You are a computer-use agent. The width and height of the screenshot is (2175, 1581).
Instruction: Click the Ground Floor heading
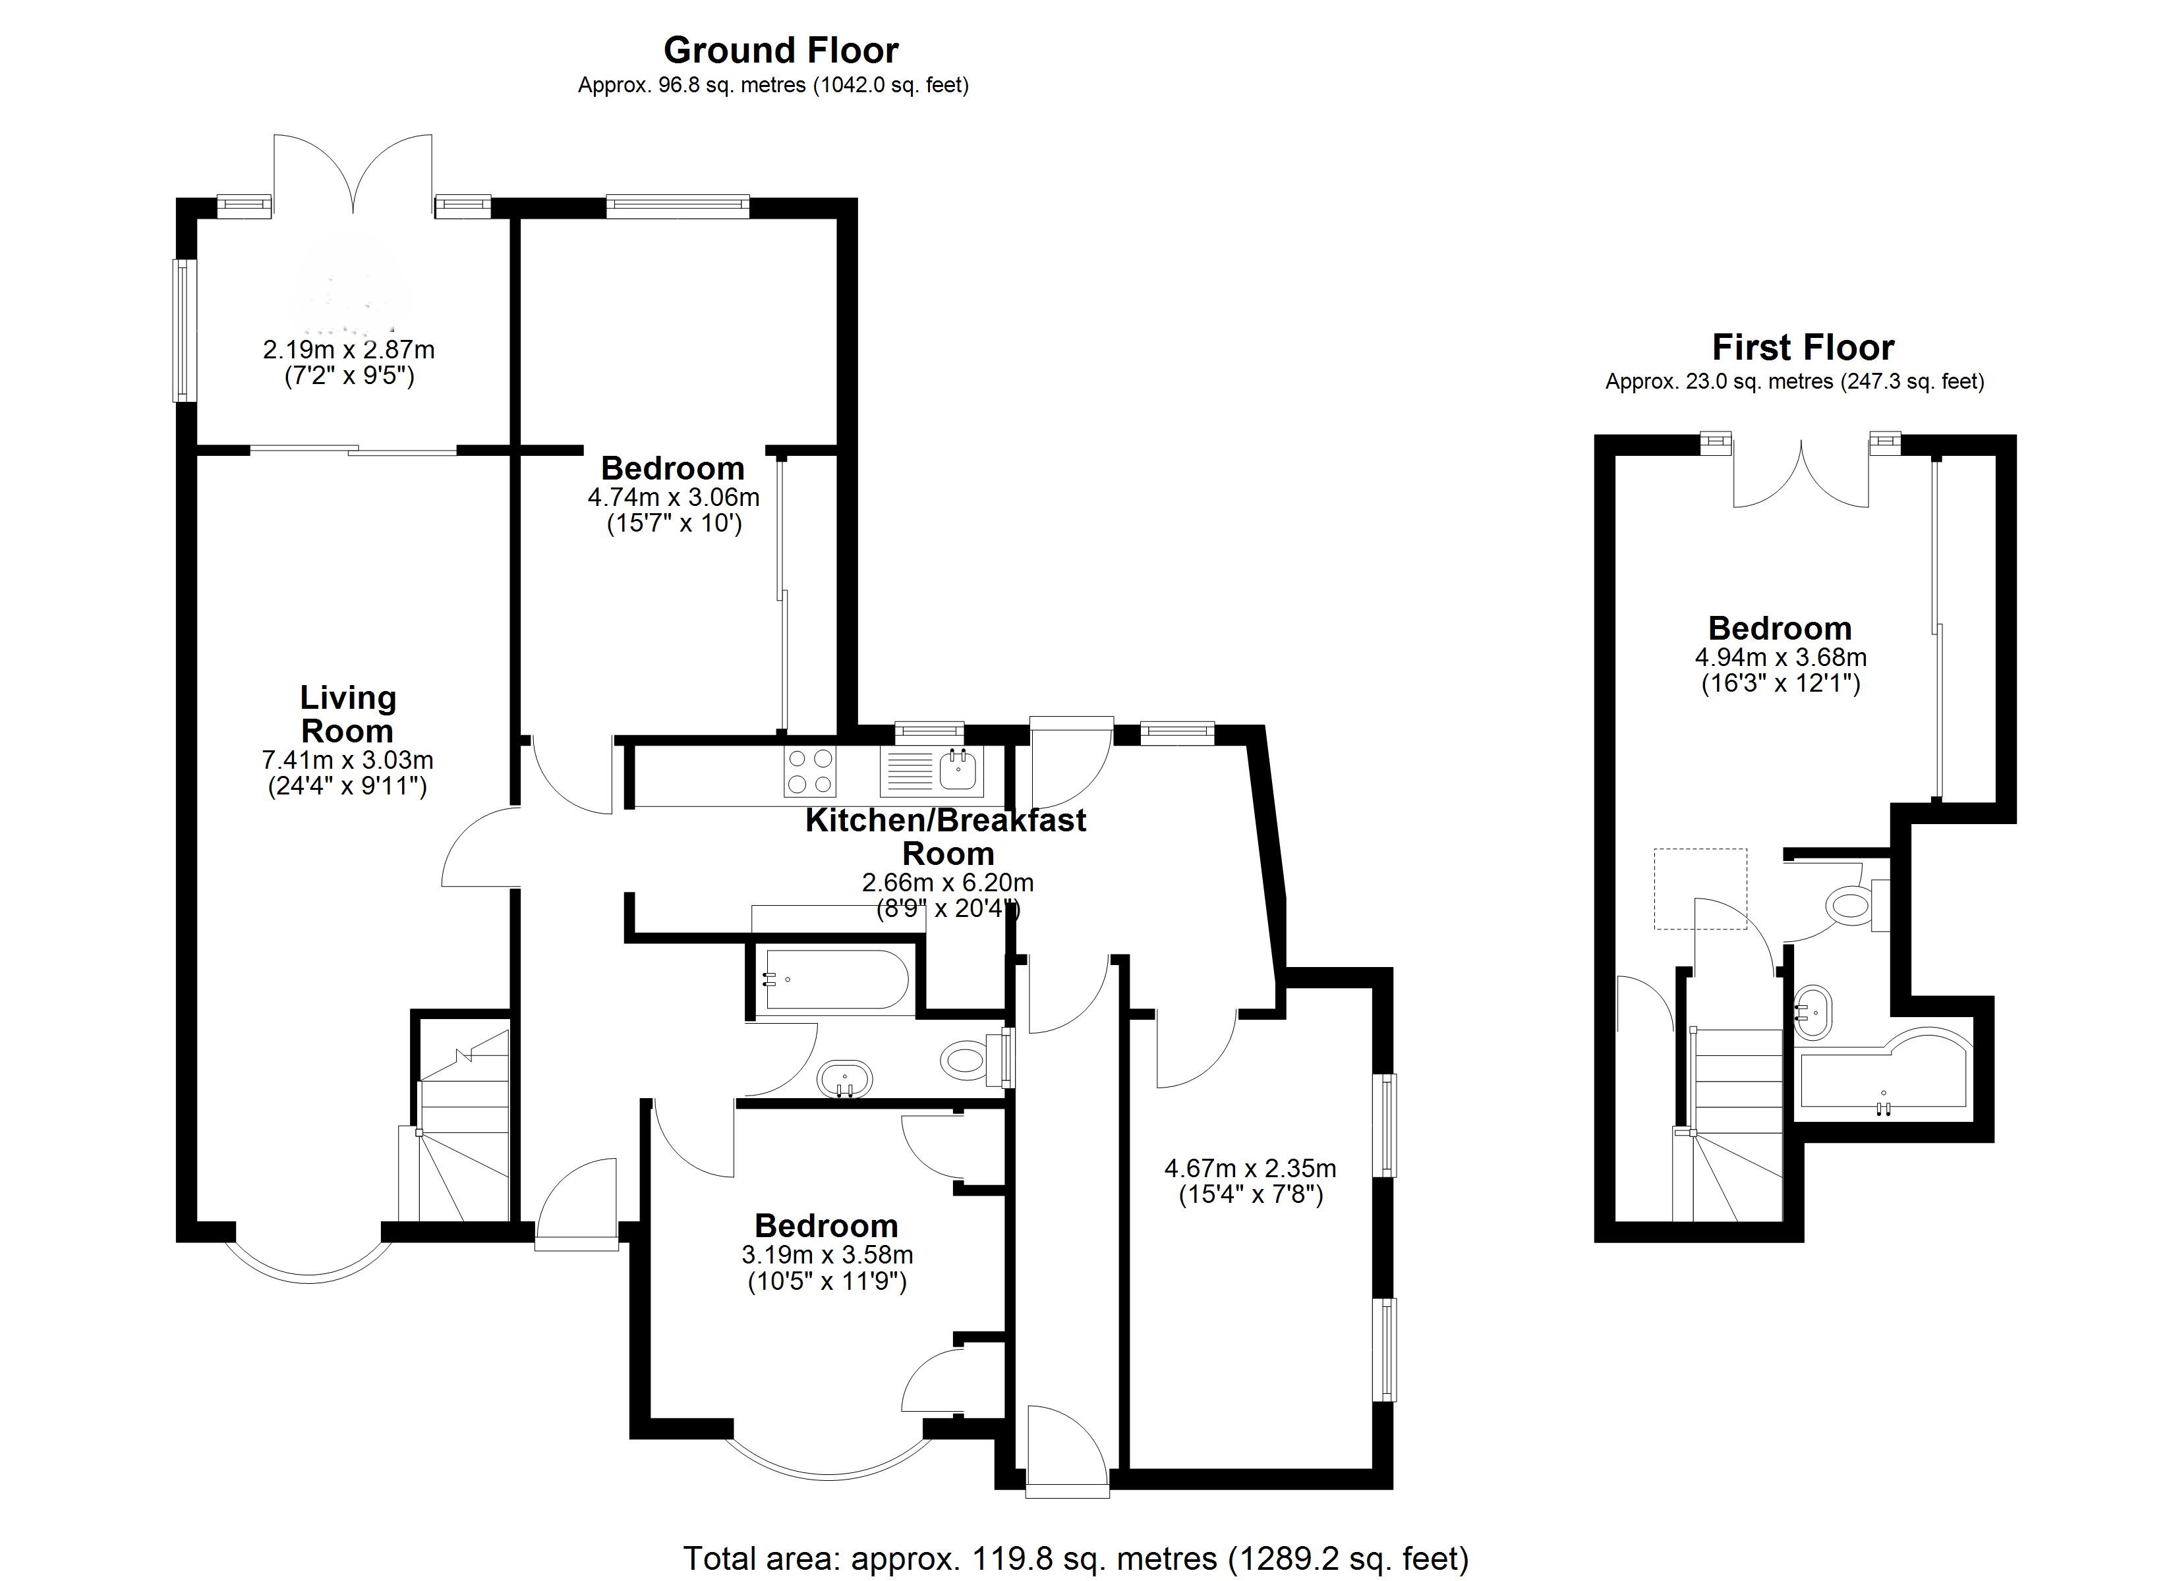click(x=780, y=50)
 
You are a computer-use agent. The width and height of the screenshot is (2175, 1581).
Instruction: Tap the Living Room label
click(x=347, y=714)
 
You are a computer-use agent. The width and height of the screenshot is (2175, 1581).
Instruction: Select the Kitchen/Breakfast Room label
click(x=946, y=836)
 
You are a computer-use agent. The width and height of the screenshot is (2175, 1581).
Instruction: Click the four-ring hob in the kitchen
click(x=810, y=772)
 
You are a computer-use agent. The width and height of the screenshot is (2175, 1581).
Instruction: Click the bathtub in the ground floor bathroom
click(x=832, y=979)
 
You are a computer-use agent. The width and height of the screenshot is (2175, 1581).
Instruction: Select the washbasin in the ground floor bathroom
click(x=845, y=1080)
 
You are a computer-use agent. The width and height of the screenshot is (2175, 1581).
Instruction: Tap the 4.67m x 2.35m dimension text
click(x=1250, y=1181)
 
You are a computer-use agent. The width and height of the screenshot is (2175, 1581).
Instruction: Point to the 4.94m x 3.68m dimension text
click(x=1781, y=670)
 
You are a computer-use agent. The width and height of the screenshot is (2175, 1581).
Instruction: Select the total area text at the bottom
click(x=1075, y=1558)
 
